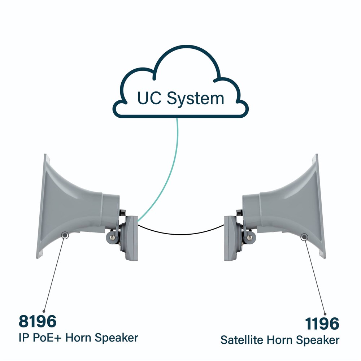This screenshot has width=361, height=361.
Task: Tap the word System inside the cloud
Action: pos(195,99)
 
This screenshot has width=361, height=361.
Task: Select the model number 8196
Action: pos(38,321)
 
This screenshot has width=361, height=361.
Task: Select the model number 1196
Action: pos(322,323)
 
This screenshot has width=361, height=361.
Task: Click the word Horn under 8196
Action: pos(78,338)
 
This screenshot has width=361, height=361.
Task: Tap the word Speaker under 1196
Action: pos(318,340)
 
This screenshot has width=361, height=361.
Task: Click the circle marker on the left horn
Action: pos(65,235)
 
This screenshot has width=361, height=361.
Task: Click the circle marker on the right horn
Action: pos(304,237)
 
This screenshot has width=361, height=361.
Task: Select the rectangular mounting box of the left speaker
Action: pos(132,238)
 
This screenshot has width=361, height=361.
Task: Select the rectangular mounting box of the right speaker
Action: pos(230,238)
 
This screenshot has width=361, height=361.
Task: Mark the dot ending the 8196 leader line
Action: pos(44,312)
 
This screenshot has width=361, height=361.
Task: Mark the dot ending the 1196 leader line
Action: pos(325,314)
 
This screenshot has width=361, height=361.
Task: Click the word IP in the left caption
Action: pos(23,338)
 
